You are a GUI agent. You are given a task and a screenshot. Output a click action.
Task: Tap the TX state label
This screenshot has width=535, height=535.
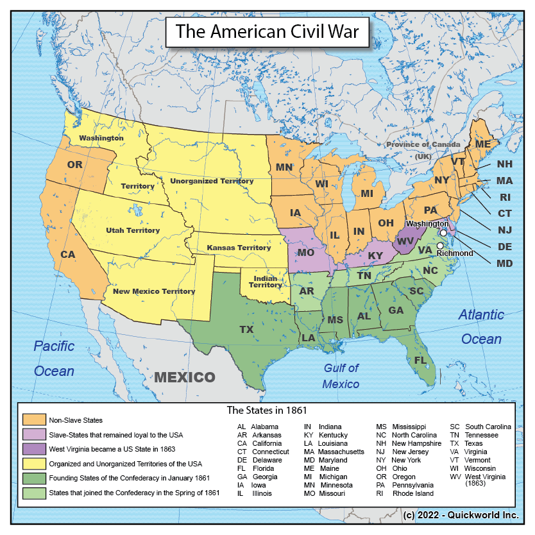(246, 329)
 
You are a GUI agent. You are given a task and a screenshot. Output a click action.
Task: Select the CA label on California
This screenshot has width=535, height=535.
(68, 255)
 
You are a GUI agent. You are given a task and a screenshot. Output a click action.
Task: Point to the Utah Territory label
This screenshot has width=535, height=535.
(133, 230)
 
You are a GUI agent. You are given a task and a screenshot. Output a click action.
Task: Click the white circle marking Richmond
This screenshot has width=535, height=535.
(440, 245)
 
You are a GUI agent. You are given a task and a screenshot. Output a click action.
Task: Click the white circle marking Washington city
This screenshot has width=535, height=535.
(443, 233)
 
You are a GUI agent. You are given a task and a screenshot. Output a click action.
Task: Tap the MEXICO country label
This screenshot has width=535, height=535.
(184, 377)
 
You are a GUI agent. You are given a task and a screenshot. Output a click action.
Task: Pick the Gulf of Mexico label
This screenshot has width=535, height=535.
(341, 376)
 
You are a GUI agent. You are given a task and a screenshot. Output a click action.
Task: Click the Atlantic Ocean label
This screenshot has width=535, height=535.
(481, 327)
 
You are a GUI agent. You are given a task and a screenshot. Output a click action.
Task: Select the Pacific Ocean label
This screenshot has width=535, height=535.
(54, 358)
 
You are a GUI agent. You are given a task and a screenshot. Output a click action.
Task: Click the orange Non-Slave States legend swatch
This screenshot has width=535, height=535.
(33, 420)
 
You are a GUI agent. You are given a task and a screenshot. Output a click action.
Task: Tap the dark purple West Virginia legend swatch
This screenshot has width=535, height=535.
(33, 449)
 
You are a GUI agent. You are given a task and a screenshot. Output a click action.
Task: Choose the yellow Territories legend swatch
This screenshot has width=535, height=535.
(33, 464)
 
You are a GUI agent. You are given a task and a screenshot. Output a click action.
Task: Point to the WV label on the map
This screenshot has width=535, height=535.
(405, 241)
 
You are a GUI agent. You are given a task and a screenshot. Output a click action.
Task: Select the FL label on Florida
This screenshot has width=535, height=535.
(420, 361)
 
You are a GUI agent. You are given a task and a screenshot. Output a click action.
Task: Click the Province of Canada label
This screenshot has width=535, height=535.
(423, 144)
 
